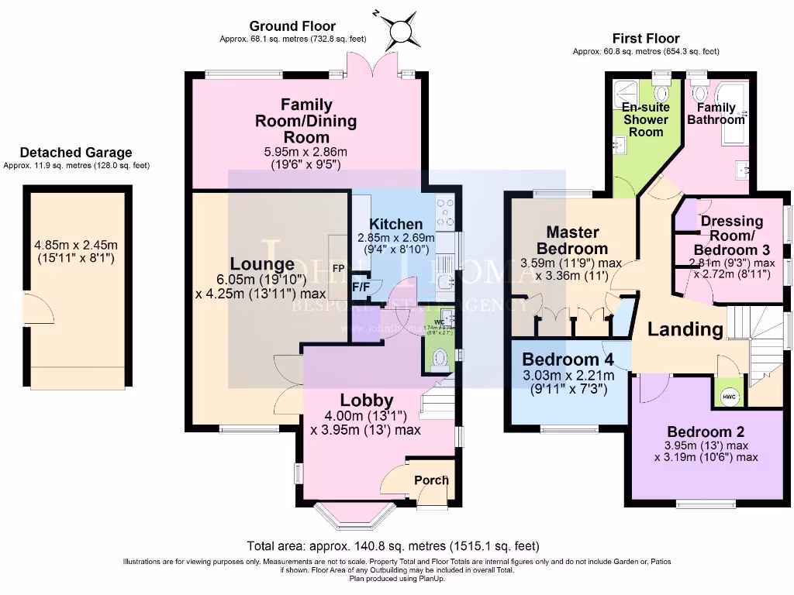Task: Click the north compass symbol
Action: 403,31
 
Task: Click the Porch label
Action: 431,480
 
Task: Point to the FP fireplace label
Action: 338,268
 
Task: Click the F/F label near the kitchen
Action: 361,287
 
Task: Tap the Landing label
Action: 685,329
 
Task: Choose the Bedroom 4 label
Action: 568,359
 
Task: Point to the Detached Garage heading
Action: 76,153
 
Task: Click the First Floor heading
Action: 645,38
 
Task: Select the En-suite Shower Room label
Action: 646,119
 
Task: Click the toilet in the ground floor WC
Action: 440,359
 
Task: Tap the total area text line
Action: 392,545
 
